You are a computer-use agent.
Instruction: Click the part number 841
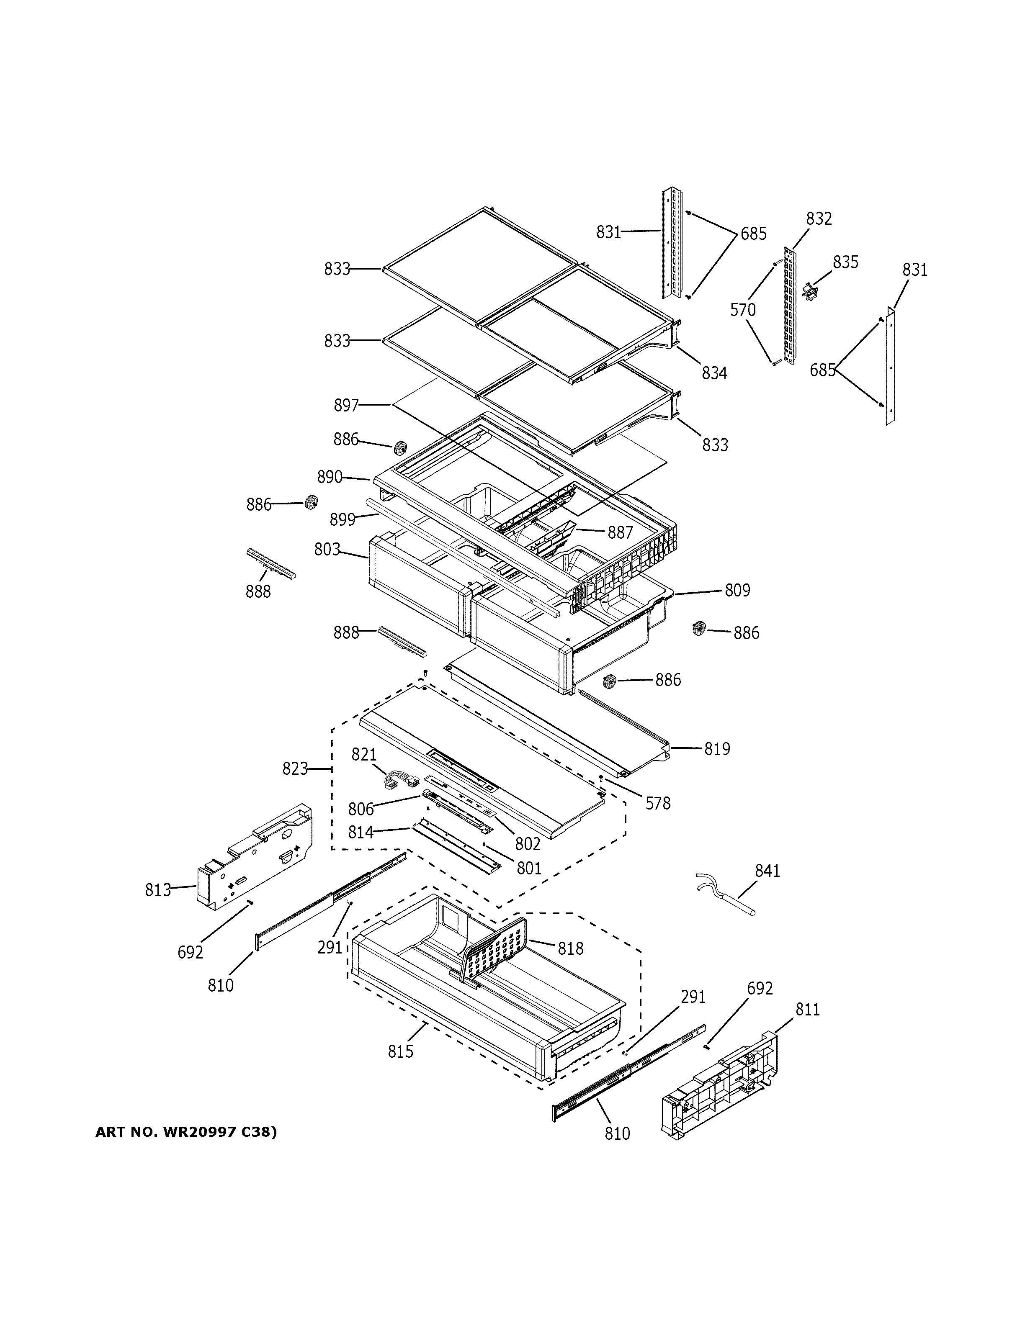coord(767,871)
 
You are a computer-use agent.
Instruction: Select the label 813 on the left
coord(158,890)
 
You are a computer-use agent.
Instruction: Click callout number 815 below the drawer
coord(401,1051)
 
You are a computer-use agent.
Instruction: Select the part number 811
coord(808,1009)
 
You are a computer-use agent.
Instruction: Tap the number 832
coord(819,218)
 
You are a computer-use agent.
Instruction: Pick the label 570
coord(743,310)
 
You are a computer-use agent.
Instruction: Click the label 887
coord(620,532)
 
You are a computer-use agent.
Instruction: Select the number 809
coord(737,590)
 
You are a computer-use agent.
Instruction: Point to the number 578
coord(658,803)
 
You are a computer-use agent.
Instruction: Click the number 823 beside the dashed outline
coord(295,768)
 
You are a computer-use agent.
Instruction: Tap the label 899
coord(343,520)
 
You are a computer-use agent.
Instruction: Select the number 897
coord(346,405)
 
